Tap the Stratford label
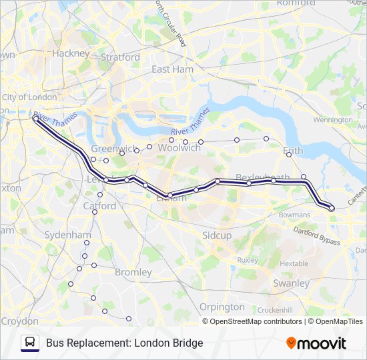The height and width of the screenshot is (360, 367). tap(120, 57)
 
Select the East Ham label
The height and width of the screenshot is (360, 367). tap(172, 69)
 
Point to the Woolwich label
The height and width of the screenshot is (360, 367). tap(180, 148)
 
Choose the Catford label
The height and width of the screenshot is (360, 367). tap(99, 206)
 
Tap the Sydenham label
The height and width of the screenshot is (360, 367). tap(67, 235)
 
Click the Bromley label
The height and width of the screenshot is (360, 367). tap(133, 272)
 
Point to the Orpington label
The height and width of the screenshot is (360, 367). tap(222, 307)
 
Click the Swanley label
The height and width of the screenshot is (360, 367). tap(291, 283)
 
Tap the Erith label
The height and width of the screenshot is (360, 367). tap(293, 151)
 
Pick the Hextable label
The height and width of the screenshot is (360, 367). tap(294, 263)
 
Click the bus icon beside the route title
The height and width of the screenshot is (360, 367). tap(30, 343)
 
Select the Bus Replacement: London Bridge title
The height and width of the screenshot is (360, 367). tap(124, 343)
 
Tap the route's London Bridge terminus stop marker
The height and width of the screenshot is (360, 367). tap(35, 119)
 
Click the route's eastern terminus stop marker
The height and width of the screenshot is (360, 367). tap(332, 209)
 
